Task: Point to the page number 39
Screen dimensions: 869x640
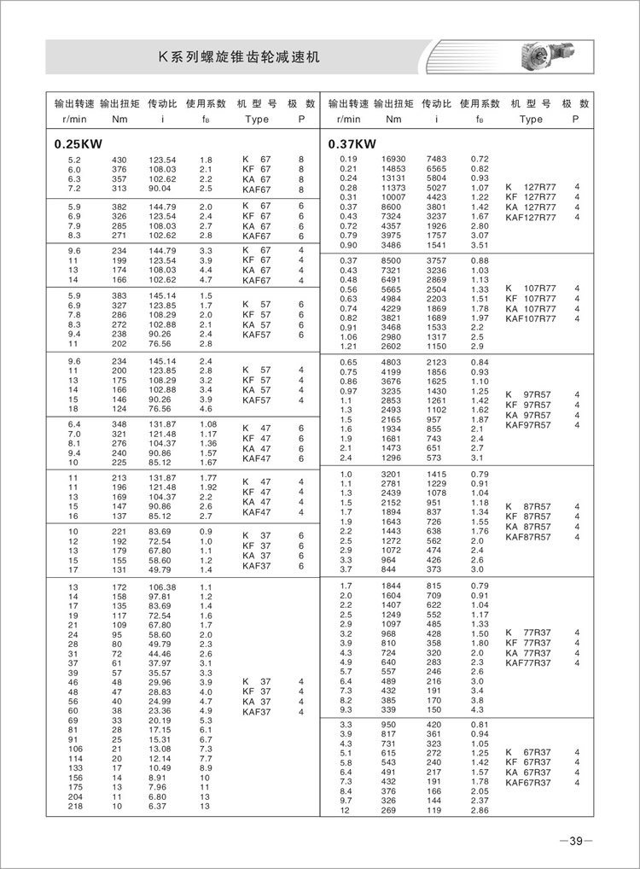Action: (x=576, y=841)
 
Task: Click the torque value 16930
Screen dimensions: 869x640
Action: (x=393, y=160)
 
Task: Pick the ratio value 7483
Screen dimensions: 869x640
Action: (x=436, y=160)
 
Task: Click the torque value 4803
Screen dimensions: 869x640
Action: (x=390, y=363)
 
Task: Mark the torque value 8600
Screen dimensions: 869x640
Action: (x=390, y=207)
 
